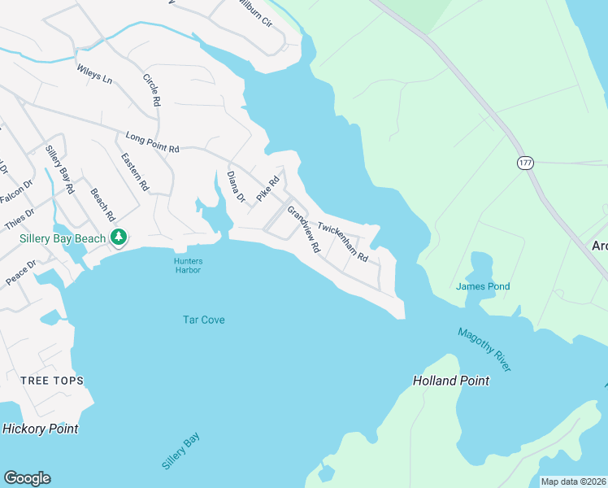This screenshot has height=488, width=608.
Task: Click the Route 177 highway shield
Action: [x=525, y=163]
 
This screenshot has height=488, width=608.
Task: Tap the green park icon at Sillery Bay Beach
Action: [x=119, y=237]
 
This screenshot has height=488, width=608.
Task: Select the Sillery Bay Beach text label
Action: [x=63, y=238]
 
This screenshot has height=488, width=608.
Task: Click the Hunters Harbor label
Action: [x=188, y=265]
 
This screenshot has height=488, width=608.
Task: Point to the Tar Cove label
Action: [x=203, y=320]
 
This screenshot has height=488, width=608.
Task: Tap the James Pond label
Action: [x=483, y=286]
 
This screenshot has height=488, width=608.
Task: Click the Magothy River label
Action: [x=484, y=350]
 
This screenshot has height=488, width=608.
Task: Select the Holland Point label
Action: [x=451, y=381]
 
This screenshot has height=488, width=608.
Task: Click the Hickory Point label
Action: [x=41, y=429]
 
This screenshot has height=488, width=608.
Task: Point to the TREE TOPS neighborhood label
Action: [x=52, y=381]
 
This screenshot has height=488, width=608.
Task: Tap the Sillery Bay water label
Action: [x=180, y=451]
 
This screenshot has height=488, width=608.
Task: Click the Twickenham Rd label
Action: [x=343, y=242]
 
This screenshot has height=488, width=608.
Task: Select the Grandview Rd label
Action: [x=304, y=227]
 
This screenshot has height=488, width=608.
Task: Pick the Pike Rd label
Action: [x=267, y=189]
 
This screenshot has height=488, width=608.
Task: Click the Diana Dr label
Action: [x=236, y=186]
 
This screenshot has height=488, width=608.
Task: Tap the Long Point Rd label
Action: [x=152, y=143]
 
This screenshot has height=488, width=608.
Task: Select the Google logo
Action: [x=27, y=478]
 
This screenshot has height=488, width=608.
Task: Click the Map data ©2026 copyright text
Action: [x=573, y=481]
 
